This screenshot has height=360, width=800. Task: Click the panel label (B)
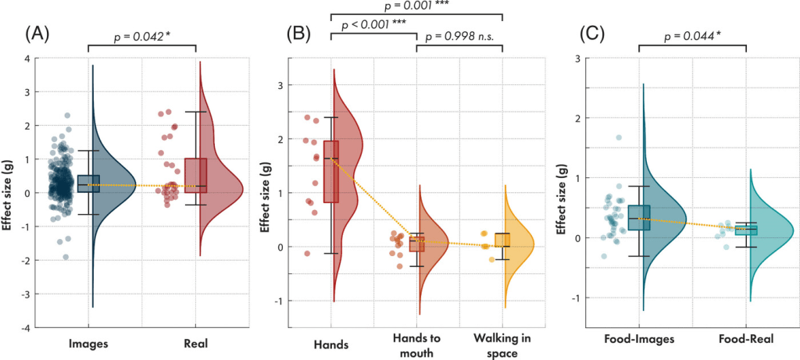point(300,34)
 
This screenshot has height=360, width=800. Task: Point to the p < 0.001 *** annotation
point(372,25)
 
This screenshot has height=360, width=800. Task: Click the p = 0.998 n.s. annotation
point(460,36)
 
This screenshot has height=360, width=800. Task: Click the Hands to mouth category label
point(416,344)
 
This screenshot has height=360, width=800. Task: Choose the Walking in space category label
point(502,344)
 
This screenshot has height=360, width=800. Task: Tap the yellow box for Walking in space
point(502,240)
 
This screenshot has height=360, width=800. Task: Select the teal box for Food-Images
point(639,218)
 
